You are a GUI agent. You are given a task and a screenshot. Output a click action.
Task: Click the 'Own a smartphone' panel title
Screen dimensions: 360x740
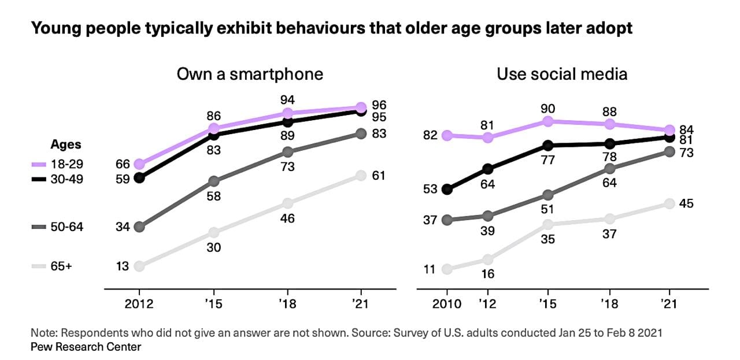point(250,75)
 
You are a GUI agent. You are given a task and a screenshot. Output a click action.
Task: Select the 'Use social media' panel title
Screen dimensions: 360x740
point(562,75)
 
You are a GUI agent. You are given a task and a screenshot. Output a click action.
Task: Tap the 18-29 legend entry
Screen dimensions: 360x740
point(58,165)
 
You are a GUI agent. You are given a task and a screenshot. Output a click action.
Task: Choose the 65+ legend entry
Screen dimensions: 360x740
point(58,266)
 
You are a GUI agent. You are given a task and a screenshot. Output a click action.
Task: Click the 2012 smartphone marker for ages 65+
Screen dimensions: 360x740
point(139,266)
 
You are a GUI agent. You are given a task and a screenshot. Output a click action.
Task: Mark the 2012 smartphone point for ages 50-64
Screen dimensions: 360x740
point(139,227)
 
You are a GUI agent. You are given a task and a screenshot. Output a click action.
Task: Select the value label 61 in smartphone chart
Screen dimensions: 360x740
point(379,176)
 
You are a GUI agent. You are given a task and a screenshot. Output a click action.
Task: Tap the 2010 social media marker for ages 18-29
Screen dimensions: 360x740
point(446,135)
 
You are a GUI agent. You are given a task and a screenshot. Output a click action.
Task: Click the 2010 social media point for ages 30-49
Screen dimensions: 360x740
point(446,189)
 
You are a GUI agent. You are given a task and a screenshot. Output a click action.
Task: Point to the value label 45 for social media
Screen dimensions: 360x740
point(686,203)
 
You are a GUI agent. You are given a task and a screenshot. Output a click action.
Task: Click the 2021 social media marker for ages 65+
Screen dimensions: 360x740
point(669,203)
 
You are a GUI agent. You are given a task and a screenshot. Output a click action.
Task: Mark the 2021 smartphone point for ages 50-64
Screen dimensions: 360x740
point(361,133)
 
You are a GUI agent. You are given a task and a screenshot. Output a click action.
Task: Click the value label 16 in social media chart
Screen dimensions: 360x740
point(488,273)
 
